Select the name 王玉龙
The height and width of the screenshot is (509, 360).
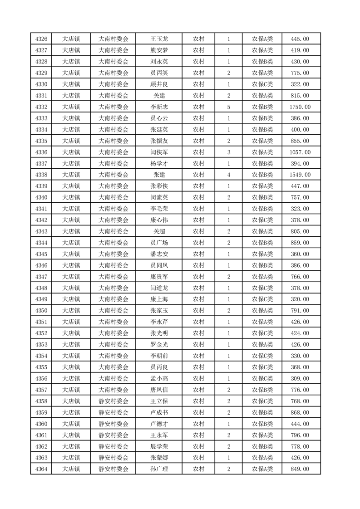[x=159, y=39]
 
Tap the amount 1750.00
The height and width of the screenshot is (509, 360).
[x=300, y=107]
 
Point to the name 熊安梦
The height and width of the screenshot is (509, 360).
[x=159, y=50]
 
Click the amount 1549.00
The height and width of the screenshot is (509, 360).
[x=300, y=175]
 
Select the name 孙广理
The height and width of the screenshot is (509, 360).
[x=159, y=469]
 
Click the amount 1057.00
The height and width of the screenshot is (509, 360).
[x=300, y=152]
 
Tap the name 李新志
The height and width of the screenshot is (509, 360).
[x=159, y=107]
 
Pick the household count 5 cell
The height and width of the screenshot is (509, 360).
[x=228, y=107]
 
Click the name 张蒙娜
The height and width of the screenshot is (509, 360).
[x=159, y=457]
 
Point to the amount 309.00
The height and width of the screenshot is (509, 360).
[x=300, y=378]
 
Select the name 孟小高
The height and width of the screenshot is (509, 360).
[x=159, y=378]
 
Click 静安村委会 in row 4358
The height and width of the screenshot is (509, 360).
[x=113, y=401]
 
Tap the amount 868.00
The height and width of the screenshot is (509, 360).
[x=300, y=412]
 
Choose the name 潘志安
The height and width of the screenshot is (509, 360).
[x=159, y=254]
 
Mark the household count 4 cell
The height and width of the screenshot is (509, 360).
[x=228, y=175]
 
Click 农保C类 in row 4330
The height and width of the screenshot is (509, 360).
[x=262, y=84]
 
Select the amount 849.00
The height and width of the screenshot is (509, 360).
[x=300, y=469]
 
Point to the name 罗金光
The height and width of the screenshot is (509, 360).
[x=159, y=344]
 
